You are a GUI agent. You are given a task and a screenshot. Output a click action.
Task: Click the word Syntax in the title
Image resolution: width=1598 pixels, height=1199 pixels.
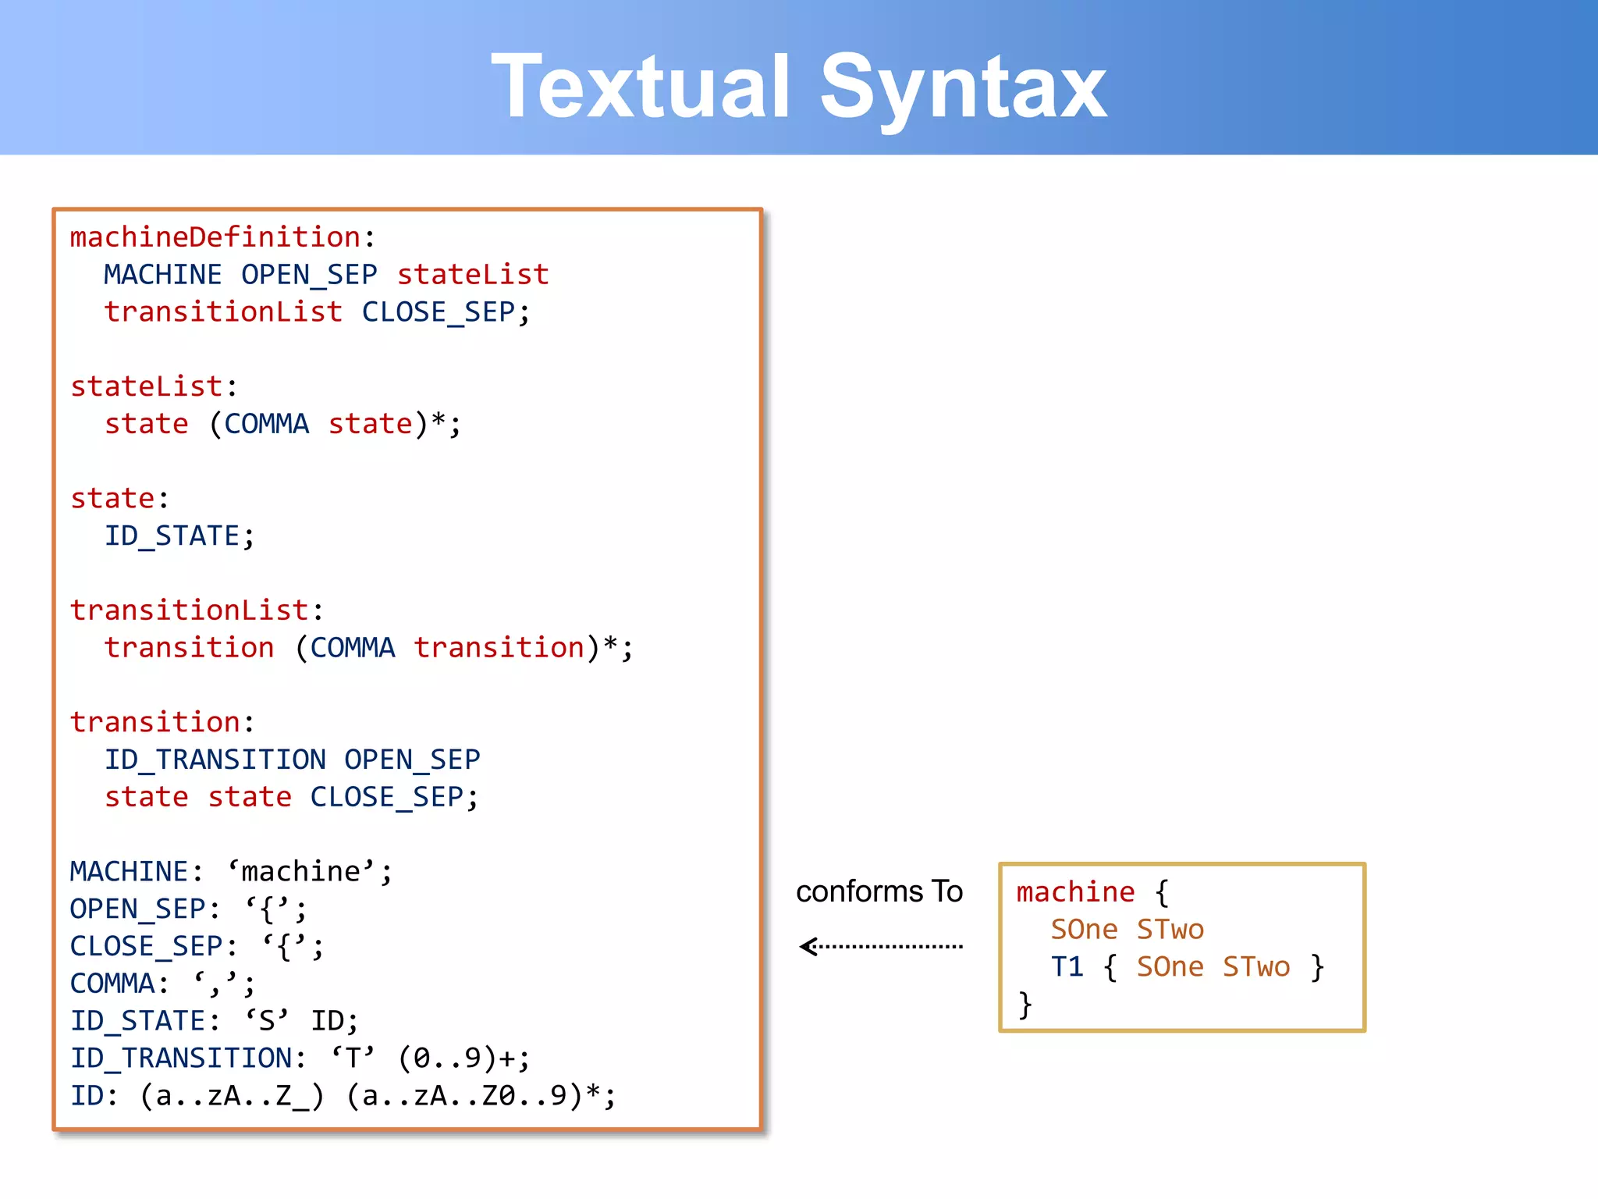pos(963,87)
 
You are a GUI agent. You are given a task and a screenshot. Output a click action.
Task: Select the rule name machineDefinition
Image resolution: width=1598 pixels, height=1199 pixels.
pos(215,237)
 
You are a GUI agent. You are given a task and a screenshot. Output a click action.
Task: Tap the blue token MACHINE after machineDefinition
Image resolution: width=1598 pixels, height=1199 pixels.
pos(162,275)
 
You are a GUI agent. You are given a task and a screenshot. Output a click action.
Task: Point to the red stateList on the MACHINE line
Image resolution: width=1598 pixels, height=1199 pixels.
pos(473,275)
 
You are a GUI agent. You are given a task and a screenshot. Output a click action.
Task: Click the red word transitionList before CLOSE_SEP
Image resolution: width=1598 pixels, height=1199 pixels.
pos(223,312)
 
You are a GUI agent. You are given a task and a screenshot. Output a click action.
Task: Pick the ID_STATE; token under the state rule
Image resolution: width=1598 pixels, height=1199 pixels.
pos(179,536)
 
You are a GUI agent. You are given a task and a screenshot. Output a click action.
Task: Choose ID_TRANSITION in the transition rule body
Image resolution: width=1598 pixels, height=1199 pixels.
pos(215,760)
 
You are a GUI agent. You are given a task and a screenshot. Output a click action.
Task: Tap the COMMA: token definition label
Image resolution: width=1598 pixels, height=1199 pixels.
pos(119,984)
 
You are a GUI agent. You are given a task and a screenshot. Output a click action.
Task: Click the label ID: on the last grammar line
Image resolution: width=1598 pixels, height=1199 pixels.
pos(94,1096)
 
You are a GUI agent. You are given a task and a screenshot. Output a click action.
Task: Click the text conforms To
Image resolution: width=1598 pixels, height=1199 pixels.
pos(879,891)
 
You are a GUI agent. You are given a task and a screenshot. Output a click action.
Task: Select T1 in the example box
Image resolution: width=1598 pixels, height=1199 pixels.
pos(1067,967)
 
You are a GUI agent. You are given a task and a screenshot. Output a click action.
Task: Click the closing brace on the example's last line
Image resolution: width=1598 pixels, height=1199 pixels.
pos(1025,1005)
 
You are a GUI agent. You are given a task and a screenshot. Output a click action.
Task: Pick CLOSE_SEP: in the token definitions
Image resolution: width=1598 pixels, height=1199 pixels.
pos(153,946)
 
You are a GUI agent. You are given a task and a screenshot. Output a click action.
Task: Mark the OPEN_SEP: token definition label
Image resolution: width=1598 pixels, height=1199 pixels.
pos(144,909)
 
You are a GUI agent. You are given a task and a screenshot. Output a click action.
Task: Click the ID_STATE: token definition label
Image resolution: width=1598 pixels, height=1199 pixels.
pos(144,1021)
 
